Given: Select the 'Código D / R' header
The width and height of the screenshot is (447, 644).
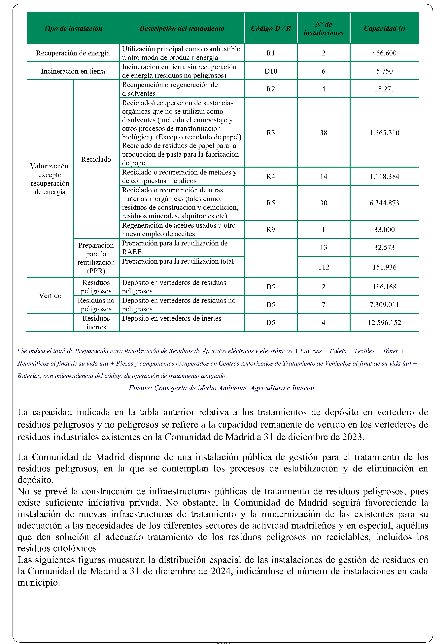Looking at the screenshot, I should [271, 29].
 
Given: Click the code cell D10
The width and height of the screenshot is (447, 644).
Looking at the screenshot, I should [271, 71].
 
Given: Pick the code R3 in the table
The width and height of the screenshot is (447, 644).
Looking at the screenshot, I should [271, 133].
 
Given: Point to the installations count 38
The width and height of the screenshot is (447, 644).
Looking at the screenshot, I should [324, 133].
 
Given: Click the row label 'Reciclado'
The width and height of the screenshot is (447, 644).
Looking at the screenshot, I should [96, 159].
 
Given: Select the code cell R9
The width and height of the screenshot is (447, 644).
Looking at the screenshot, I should [271, 230].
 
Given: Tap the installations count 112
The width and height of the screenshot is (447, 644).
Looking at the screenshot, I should [324, 267].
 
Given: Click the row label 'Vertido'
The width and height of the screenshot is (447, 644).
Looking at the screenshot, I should [50, 296].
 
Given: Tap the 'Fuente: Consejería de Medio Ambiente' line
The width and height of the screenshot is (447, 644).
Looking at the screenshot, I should [223, 388].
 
